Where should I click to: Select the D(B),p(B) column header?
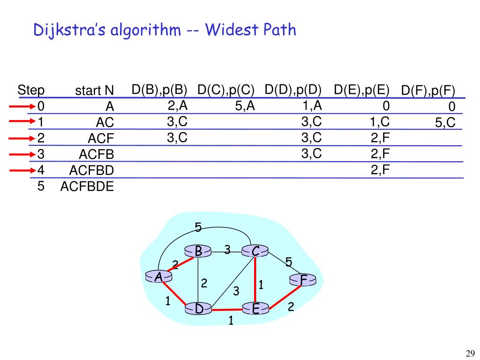(159, 90)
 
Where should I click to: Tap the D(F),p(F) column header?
(428, 91)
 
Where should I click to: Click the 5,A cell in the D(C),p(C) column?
(245, 106)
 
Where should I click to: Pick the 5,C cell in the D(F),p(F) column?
(445, 123)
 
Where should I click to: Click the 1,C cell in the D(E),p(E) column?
(380, 122)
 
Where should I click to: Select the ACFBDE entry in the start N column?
(87, 187)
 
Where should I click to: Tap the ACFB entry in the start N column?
(97, 154)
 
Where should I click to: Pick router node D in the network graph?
(199, 309)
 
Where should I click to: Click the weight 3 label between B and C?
(227, 250)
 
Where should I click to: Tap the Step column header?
(31, 90)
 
